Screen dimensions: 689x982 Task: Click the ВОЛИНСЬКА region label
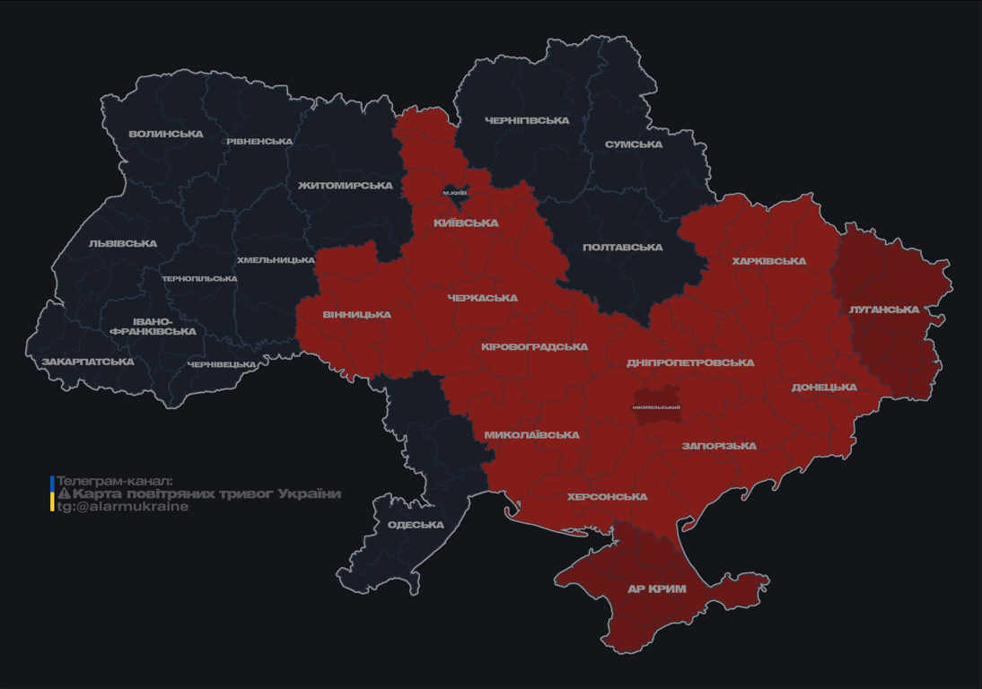tap(166, 135)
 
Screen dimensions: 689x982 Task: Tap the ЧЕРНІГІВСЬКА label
tap(527, 120)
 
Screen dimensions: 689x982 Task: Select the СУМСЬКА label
tap(634, 144)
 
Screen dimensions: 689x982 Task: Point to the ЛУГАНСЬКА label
tap(884, 310)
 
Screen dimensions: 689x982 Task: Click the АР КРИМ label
tap(656, 589)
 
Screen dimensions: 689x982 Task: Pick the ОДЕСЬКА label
tap(416, 525)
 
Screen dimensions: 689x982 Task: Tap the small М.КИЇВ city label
tap(455, 193)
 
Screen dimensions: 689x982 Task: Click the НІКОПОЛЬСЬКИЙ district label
tap(656, 407)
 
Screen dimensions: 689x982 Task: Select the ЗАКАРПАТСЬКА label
tap(88, 362)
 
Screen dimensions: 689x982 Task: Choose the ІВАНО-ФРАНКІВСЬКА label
tap(153, 327)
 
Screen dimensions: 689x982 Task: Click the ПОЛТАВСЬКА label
tap(622, 248)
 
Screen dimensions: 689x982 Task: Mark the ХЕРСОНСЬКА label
tap(607, 497)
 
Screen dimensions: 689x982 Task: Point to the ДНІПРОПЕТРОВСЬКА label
tap(690, 363)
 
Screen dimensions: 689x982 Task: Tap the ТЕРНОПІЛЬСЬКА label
tap(199, 279)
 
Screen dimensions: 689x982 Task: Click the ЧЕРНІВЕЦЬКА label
tap(222, 365)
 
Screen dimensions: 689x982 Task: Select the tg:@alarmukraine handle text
tap(122, 507)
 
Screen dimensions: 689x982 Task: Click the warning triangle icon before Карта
tap(64, 494)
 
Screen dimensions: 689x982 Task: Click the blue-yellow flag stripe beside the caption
tap(52, 493)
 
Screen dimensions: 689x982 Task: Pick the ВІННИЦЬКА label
tap(356, 315)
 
